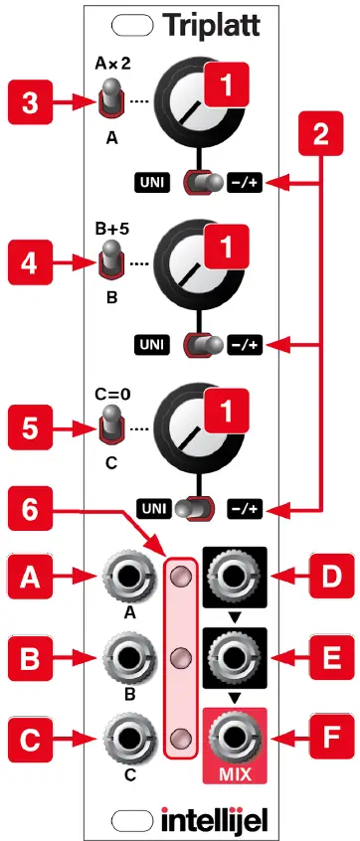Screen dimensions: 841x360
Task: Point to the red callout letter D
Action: (x=318, y=575)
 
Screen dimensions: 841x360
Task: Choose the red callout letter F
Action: (x=318, y=737)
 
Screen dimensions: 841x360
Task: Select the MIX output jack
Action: (x=235, y=737)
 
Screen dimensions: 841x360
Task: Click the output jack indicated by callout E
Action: (x=235, y=656)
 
